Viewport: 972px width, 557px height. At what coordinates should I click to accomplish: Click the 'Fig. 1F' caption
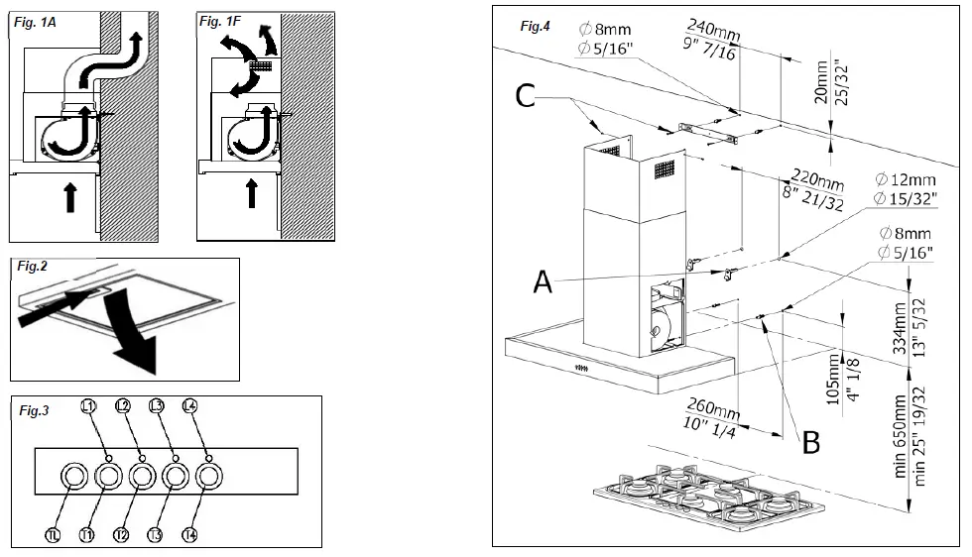tap(219, 21)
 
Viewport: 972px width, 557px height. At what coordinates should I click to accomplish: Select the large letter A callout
tap(543, 282)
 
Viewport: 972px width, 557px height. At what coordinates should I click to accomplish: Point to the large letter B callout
tap(810, 442)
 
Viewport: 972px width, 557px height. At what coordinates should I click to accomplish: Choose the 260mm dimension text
tap(713, 412)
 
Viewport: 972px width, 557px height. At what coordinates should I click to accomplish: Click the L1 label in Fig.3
tap(88, 406)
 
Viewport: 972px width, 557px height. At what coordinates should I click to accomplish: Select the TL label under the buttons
tap(55, 535)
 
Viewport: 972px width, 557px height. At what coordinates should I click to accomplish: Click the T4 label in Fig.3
tap(190, 535)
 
